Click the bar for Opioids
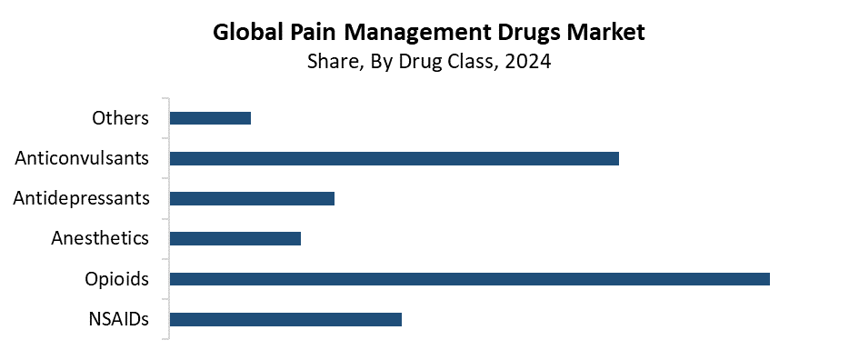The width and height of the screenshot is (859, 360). coord(469,279)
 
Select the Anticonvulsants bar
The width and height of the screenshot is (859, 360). coord(394,158)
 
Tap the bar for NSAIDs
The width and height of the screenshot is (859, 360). coord(285,319)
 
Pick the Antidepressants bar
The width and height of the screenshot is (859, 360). coord(252,198)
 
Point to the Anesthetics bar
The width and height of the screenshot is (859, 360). coord(235,238)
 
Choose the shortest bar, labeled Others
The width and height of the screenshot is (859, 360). coord(210,118)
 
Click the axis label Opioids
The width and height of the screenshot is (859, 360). coord(116,279)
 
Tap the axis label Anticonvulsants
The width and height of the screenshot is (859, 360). coord(82,158)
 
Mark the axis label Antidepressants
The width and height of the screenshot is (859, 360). coord(81,198)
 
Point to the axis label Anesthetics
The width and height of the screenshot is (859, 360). coord(100,238)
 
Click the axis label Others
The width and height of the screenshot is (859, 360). coord(120,118)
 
